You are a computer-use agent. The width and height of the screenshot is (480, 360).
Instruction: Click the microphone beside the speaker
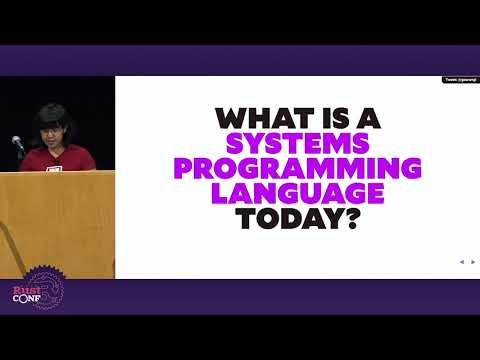click(17, 144)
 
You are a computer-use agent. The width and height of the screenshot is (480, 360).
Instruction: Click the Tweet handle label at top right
click(459, 80)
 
